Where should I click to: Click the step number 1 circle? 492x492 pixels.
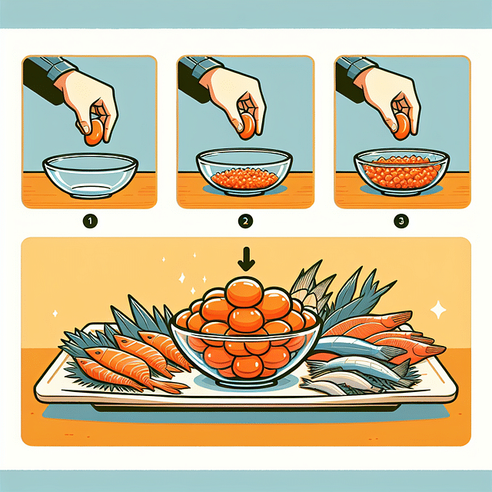click(x=90, y=221)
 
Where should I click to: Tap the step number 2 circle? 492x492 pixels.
click(x=246, y=221)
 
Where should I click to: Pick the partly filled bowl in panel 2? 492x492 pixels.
click(x=244, y=172)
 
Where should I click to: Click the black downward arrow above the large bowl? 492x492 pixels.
click(x=246, y=260)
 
